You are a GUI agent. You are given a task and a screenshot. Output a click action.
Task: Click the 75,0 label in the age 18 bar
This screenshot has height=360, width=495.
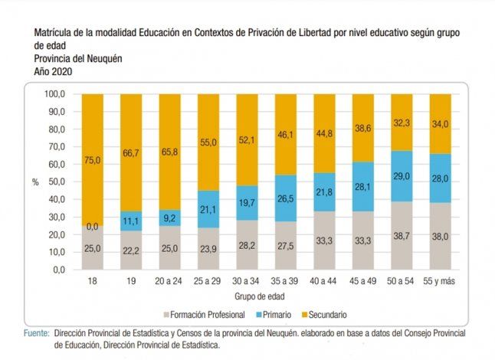[x=92, y=159]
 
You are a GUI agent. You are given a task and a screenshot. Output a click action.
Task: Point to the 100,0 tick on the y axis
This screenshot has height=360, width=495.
[x=57, y=94]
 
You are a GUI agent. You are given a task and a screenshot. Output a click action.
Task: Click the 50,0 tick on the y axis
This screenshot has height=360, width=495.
[x=58, y=182]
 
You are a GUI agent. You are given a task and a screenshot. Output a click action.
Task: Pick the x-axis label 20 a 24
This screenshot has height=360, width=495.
[x=169, y=282]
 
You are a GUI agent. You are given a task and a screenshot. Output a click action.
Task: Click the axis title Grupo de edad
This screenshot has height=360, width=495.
[x=266, y=296]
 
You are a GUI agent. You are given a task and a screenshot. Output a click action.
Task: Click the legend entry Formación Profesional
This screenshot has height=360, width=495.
[x=206, y=315]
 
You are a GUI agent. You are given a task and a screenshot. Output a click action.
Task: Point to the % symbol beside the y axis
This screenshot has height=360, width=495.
[x=35, y=182]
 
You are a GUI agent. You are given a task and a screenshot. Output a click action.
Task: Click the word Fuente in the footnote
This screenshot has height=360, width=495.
[x=36, y=333]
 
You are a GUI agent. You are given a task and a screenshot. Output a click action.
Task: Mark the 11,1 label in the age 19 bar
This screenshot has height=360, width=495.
[x=131, y=221]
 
